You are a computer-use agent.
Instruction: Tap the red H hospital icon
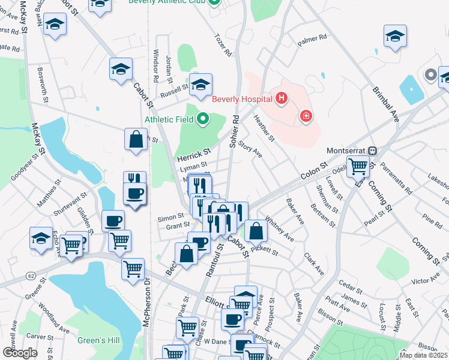(x=282, y=98)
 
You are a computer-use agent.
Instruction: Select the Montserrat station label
(x=346, y=150)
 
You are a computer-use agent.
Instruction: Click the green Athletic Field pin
(x=203, y=119)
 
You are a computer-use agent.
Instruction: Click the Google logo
(x=20, y=352)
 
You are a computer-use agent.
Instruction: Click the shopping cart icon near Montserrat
(x=359, y=166)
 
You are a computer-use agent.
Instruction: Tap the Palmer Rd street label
(x=312, y=40)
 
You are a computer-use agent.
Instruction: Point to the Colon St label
(x=315, y=167)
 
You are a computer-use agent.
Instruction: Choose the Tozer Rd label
(x=223, y=44)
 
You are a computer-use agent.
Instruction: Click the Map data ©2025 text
(x=423, y=355)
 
